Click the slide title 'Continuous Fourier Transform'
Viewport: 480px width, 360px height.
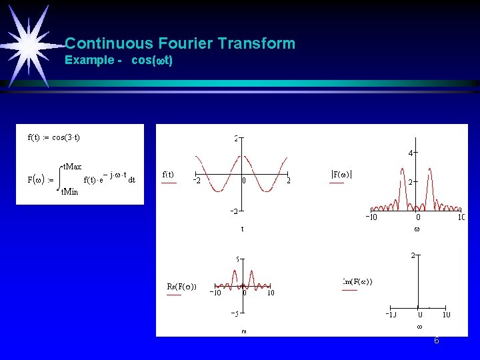click(x=180, y=44)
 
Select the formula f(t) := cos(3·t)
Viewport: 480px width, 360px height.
click(x=54, y=138)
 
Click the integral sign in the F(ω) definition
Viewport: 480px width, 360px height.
click(x=59, y=179)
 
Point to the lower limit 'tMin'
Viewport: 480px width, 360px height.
click(x=69, y=192)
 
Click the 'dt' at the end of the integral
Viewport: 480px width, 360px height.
click(x=131, y=179)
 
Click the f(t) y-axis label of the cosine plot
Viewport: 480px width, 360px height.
click(x=168, y=175)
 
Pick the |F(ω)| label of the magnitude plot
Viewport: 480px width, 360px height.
click(x=342, y=175)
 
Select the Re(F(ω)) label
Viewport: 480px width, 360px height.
click(x=181, y=287)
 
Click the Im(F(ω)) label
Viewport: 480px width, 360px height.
click(x=357, y=281)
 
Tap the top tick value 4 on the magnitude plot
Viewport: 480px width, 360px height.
click(x=411, y=153)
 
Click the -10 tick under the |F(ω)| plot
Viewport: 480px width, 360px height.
click(x=373, y=217)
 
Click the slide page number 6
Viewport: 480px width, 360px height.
click(x=437, y=341)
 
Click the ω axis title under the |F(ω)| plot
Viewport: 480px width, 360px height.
click(x=417, y=229)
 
